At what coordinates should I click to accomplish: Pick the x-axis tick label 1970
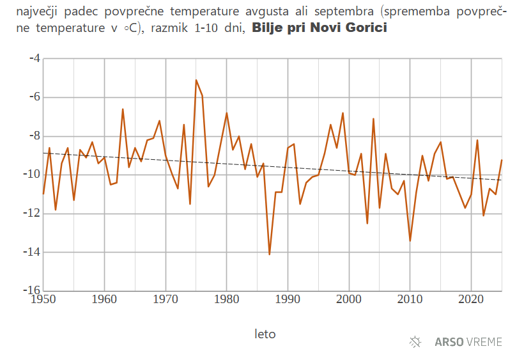pos(166,299)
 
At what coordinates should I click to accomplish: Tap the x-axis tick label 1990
pos(288,299)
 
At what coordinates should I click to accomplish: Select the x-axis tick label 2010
pos(410,299)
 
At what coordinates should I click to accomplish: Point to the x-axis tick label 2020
pos(471,299)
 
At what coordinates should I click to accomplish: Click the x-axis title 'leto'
pos(265,334)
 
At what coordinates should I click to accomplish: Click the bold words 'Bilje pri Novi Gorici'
pos(320,28)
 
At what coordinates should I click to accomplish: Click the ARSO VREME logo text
pos(468,342)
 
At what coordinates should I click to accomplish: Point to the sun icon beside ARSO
pos(415,342)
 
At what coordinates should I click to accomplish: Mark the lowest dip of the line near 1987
pos(269,254)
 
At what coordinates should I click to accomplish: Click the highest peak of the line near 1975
pos(196,80)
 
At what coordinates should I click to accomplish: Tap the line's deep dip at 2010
pos(410,240)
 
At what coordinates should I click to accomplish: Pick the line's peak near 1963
pos(123,109)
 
